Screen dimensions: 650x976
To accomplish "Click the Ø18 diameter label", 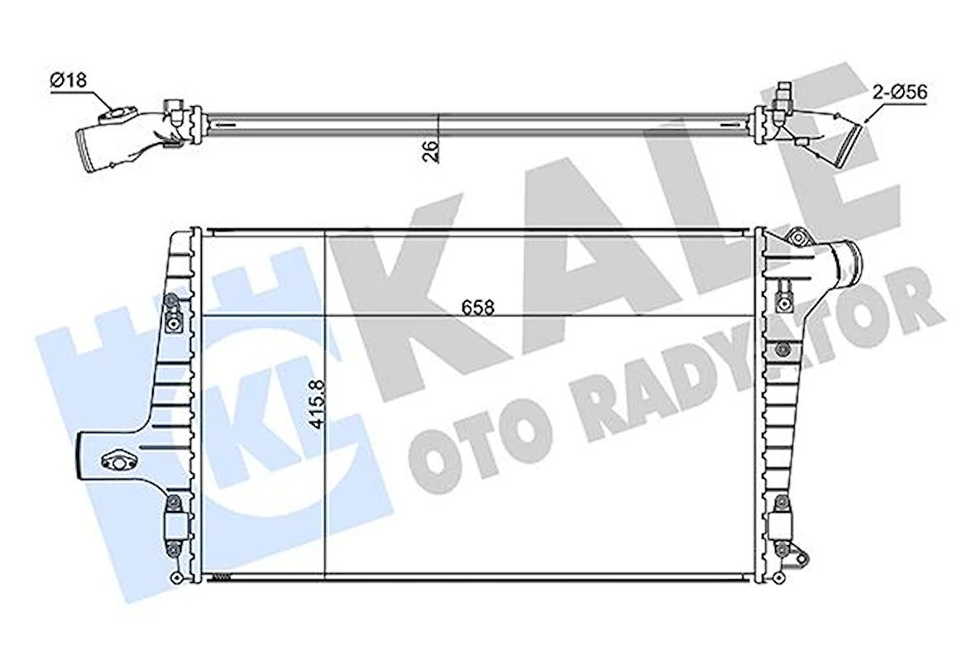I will pyautogui.click(x=68, y=80).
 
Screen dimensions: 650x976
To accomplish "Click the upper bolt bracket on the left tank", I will pyautogui.click(x=172, y=312).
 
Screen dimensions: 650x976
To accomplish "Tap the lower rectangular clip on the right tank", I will pyautogui.click(x=780, y=523).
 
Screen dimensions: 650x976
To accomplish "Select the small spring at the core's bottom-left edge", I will pyautogui.click(x=219, y=577).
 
